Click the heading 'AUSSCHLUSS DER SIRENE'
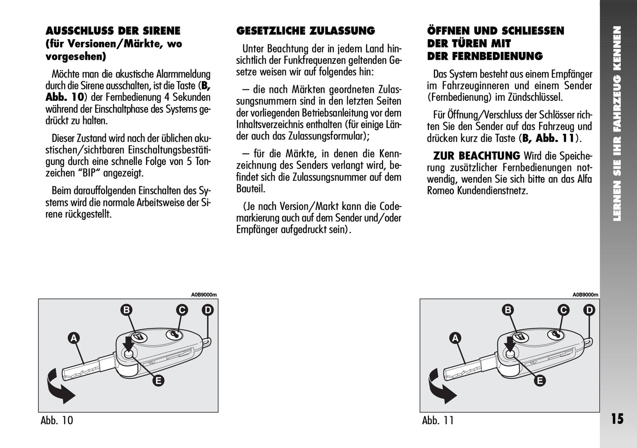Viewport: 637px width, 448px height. [113, 31]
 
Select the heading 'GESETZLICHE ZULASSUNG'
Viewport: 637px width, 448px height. [305, 31]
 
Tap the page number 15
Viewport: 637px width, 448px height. [618, 419]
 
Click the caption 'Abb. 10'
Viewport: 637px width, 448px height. [57, 420]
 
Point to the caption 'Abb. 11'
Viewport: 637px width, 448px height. [438, 420]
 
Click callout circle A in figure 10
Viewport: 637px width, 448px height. [74, 338]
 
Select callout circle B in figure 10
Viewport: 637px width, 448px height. [127, 310]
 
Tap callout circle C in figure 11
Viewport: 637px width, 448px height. [563, 310]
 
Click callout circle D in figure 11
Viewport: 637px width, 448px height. [589, 310]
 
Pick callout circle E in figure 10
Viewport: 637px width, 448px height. [158, 381]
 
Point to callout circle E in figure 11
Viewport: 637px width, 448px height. [540, 381]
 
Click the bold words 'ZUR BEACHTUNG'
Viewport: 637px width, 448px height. [477, 156]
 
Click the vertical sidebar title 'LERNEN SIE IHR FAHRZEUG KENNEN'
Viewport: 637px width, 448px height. [618, 123]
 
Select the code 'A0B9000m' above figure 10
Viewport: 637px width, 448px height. [204, 295]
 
